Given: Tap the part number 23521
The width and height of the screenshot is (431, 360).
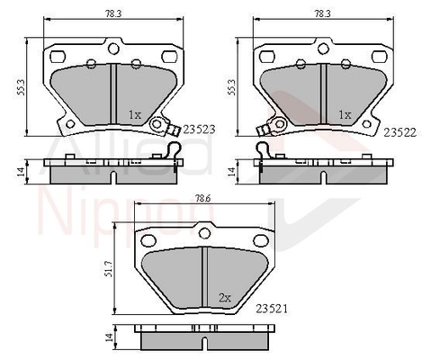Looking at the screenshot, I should click(x=271, y=309).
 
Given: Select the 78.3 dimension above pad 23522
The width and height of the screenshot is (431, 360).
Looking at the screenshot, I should click(x=319, y=13).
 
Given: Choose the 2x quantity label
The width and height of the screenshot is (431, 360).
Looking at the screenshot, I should click(x=225, y=297).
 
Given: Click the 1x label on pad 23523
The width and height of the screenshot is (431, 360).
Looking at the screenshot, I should click(x=136, y=115).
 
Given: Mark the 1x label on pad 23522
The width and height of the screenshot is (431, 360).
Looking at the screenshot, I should click(x=343, y=115).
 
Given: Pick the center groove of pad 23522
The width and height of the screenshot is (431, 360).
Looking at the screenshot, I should click(x=320, y=94).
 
